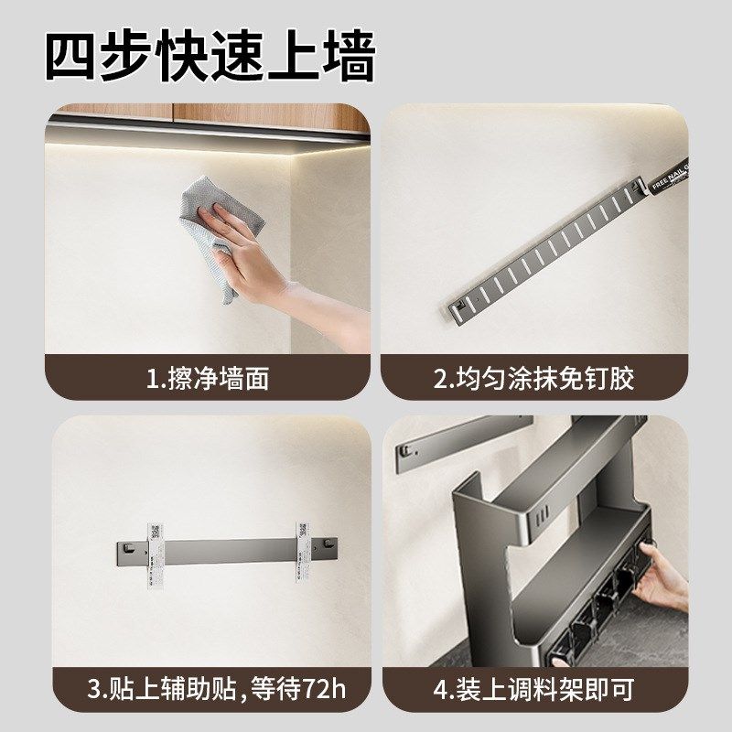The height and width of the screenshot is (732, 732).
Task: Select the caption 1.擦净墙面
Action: click(209, 378)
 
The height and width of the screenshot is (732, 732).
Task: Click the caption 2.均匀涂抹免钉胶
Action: click(534, 378)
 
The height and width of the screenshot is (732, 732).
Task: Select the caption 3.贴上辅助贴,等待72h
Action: click(216, 689)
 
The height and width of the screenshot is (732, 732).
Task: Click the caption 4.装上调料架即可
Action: click(534, 689)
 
